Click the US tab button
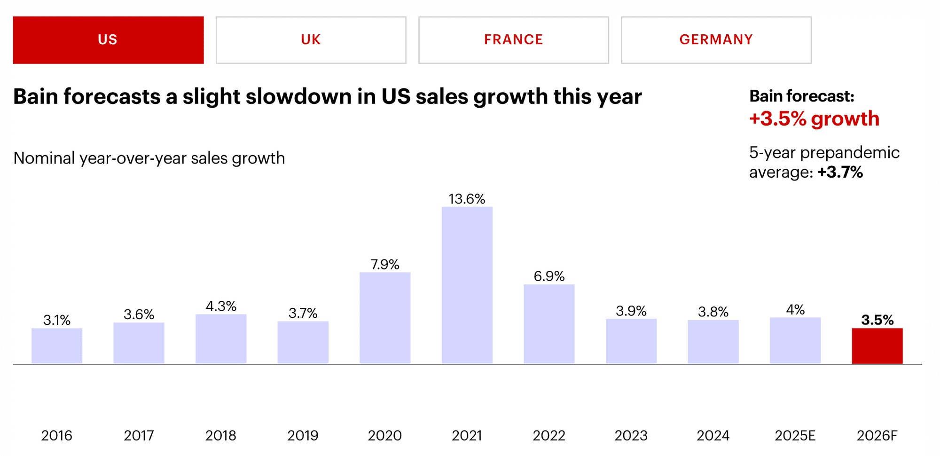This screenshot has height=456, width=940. (x=108, y=40)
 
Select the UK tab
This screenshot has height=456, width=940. (x=311, y=40)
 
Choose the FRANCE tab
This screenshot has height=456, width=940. (x=513, y=40)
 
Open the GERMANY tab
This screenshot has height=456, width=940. (x=716, y=40)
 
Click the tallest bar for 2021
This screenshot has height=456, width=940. (x=467, y=285)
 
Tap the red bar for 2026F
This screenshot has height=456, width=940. (x=877, y=346)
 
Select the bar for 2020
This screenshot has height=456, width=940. (x=385, y=318)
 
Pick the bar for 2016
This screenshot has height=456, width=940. (x=57, y=346)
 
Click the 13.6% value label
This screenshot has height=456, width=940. (x=467, y=199)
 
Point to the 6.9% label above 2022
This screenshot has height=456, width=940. (x=549, y=276)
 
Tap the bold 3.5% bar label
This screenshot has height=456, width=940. (x=877, y=320)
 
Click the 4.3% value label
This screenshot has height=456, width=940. (x=221, y=306)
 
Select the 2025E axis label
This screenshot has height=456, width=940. (x=795, y=435)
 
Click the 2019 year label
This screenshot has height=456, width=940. (x=303, y=435)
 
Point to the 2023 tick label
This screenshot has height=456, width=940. (x=631, y=435)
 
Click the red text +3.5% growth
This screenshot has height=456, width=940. (x=814, y=118)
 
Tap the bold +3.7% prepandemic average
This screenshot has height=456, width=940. (x=840, y=172)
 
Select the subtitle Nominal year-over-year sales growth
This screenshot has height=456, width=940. (x=149, y=158)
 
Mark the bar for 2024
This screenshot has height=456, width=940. (x=713, y=342)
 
